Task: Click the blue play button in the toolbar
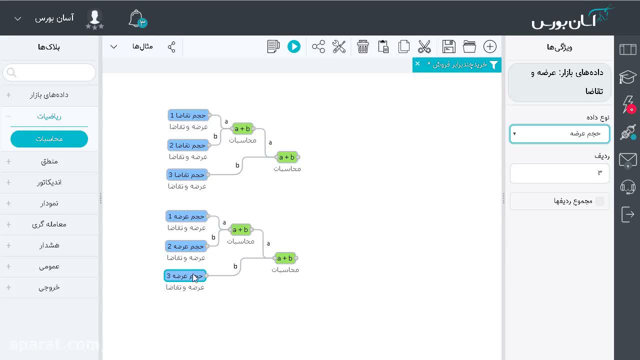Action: point(293,46)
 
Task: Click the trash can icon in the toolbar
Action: point(362,46)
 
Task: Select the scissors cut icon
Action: point(424,46)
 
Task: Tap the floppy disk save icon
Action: point(448,46)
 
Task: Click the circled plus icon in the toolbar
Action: point(489,46)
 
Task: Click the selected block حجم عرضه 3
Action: point(185,275)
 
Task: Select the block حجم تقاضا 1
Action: point(188,115)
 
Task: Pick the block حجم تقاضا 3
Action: point(187,174)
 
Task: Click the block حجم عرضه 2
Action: point(186,246)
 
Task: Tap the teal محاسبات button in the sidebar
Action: point(49,139)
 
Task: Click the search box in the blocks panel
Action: point(49,72)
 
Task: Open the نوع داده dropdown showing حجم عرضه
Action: point(559,133)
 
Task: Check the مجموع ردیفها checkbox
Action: point(599,201)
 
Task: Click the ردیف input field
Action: point(559,173)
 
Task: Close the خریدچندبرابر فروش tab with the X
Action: point(417,63)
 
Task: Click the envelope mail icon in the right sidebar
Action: point(627,160)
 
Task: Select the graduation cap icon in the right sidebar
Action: point(627,76)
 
